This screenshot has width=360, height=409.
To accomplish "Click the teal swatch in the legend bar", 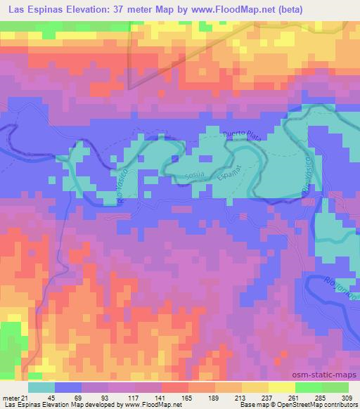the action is (41, 387).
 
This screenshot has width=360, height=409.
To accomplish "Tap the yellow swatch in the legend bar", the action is (281, 387).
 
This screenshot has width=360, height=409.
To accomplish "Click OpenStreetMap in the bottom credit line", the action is (304, 405).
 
